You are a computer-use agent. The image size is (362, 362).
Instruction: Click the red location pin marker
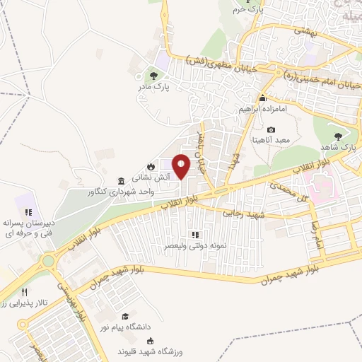(182, 167)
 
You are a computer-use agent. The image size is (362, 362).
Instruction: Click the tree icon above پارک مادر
(153, 75)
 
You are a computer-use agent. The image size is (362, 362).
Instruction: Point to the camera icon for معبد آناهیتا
(271, 129)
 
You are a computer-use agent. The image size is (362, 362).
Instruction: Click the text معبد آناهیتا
(272, 141)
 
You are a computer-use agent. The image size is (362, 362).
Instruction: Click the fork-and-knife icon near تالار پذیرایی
(26, 291)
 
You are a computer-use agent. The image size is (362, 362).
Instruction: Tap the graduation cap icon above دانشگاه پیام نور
(125, 315)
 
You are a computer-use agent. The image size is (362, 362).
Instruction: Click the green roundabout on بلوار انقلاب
(49, 261)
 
